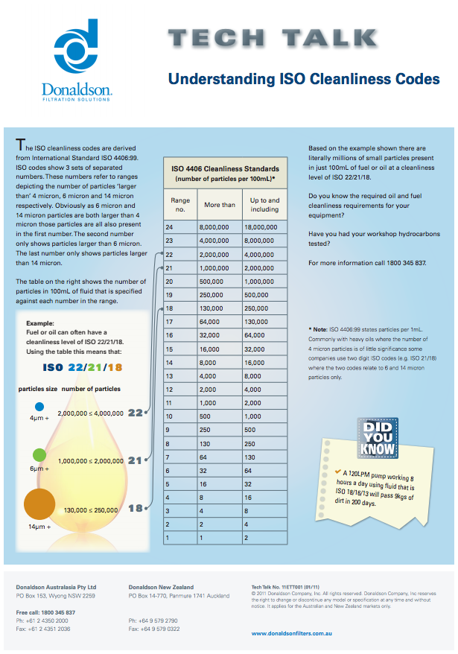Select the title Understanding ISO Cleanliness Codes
pos(303,79)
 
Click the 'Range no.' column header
pos(180,205)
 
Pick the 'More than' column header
pos(220,205)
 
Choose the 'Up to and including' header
pos(264,205)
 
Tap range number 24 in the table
pos(170,227)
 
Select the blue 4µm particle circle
pos(39,407)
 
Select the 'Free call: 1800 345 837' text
pos(45,612)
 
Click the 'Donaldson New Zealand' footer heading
pos(161,587)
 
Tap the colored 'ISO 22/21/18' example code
pos(83,367)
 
